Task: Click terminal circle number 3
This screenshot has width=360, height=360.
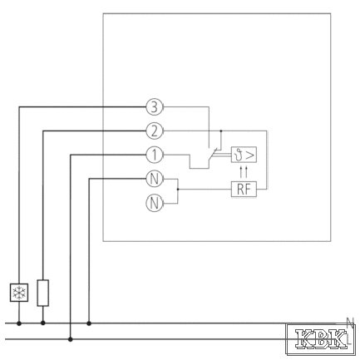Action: click(155, 107)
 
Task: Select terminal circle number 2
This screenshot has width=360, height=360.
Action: click(155, 131)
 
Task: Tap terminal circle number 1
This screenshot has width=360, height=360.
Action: click(155, 155)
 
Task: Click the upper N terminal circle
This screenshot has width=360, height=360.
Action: click(155, 179)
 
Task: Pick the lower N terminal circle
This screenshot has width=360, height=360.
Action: click(155, 203)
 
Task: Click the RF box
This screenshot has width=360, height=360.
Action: click(244, 190)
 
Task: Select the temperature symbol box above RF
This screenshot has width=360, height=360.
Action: click(244, 155)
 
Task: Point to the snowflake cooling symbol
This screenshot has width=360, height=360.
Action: click(19, 293)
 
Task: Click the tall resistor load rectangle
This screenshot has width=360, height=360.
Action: click(43, 293)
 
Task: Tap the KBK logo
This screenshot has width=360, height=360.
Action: click(321, 338)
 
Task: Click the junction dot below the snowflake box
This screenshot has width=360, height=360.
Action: click(19, 323)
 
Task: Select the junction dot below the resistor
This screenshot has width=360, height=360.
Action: click(43, 323)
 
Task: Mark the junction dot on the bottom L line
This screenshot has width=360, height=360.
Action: click(71, 339)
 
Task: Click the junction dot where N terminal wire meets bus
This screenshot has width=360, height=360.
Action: click(89, 323)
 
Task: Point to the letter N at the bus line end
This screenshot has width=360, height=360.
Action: click(351, 322)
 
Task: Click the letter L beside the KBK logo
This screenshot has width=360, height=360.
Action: click(349, 339)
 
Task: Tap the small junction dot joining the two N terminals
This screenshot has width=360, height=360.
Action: click(178, 190)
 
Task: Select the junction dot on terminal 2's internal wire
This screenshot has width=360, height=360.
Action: click(221, 131)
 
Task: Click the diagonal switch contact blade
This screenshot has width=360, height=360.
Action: click(213, 154)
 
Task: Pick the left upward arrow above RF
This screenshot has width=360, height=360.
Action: click(241, 172)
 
